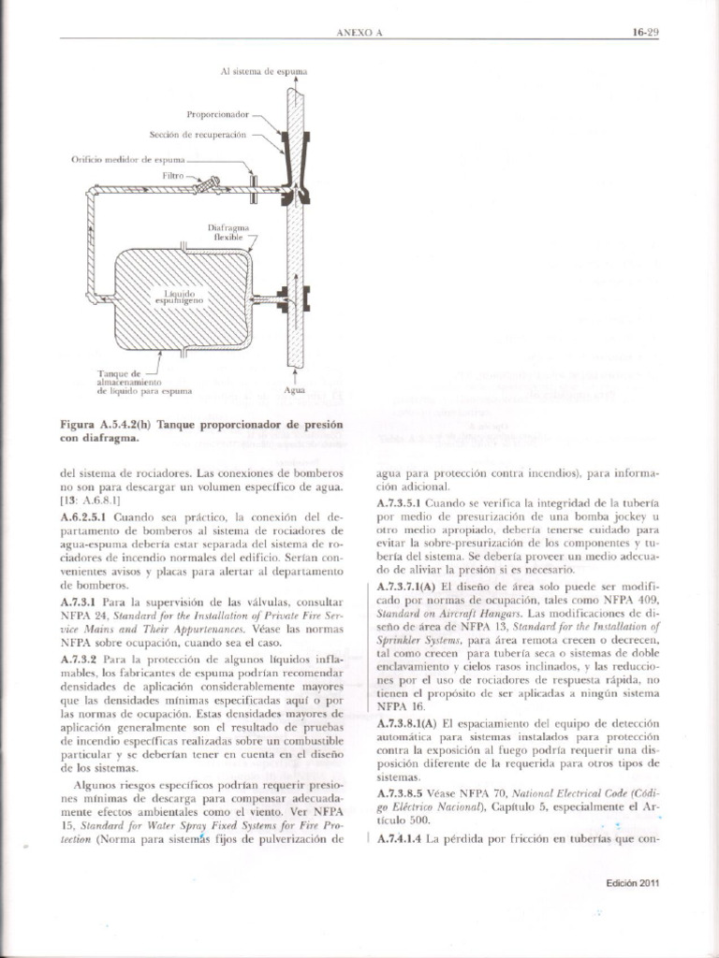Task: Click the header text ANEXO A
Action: coord(360,33)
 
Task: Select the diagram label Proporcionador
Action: coord(216,114)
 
